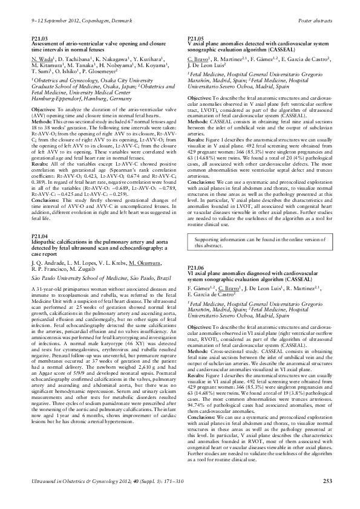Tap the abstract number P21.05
coord(198,38)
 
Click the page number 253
coord(328,498)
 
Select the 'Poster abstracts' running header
coord(317,20)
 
